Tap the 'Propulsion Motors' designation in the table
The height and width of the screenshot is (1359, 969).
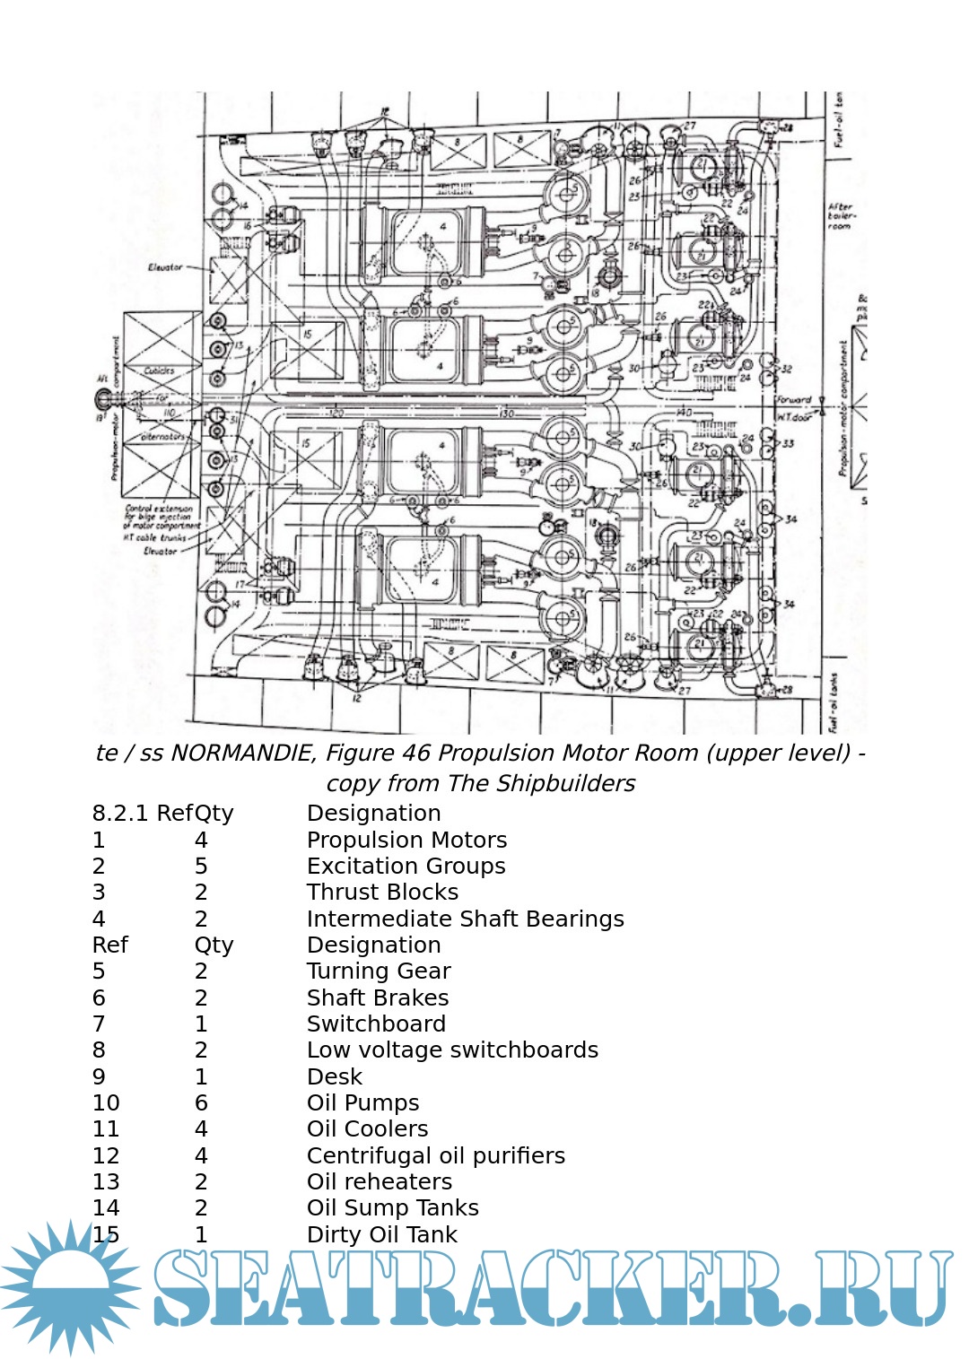[x=406, y=840]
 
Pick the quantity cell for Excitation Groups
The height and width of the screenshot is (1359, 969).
[x=201, y=866]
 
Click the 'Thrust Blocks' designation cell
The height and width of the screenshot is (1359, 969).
[x=382, y=892]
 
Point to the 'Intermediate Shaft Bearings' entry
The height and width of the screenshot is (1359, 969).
[x=465, y=919]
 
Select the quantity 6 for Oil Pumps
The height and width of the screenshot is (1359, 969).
[x=201, y=1102]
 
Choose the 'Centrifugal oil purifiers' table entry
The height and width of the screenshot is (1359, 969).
[x=435, y=1155]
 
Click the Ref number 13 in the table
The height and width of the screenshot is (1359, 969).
[x=106, y=1181]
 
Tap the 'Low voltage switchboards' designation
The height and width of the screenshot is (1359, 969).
[x=452, y=1050]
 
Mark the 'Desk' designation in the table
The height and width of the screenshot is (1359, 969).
[x=334, y=1076]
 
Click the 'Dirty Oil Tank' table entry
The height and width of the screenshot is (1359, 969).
[x=381, y=1234]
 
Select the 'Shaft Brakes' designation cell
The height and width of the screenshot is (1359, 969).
[x=378, y=997]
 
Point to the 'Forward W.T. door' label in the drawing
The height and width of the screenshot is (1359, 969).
[x=794, y=408]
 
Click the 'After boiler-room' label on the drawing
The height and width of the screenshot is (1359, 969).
[x=842, y=216]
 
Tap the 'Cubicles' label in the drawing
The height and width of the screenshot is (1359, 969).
[x=160, y=370]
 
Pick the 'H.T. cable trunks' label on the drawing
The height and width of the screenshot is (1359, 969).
[x=154, y=537]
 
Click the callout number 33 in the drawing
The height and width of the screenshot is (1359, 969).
[x=788, y=443]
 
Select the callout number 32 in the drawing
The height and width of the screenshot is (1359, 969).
[x=787, y=369]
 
